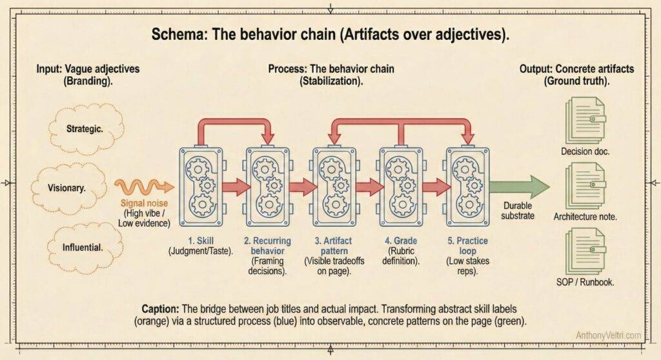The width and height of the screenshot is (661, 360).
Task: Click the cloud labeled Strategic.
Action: [84, 128]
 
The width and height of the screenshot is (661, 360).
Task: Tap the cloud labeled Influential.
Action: [84, 246]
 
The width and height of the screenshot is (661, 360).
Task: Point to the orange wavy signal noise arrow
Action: [144, 187]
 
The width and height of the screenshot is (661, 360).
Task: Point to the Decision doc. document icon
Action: [585, 120]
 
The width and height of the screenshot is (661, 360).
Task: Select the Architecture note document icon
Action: [585, 185]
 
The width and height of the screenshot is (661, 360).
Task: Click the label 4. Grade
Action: [399, 241]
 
